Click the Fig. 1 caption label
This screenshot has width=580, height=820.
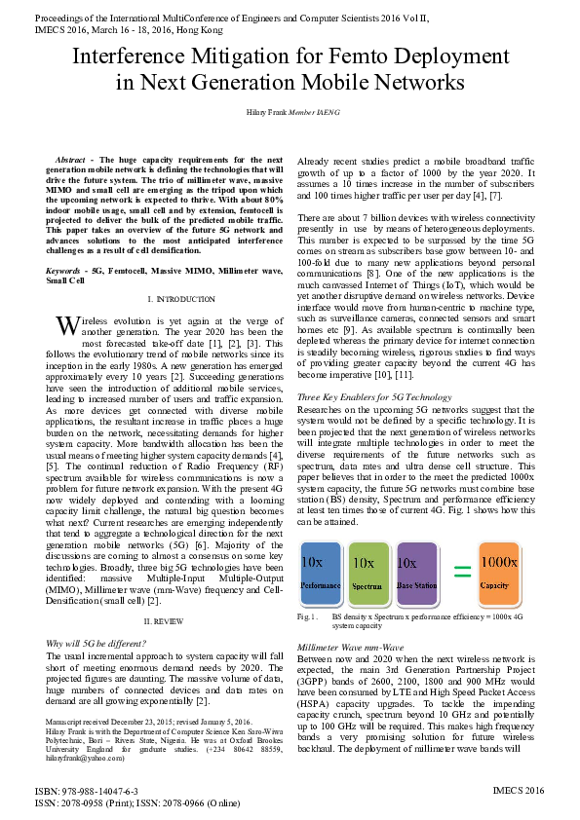click(x=308, y=615)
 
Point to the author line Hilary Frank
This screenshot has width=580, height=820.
click(x=290, y=113)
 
